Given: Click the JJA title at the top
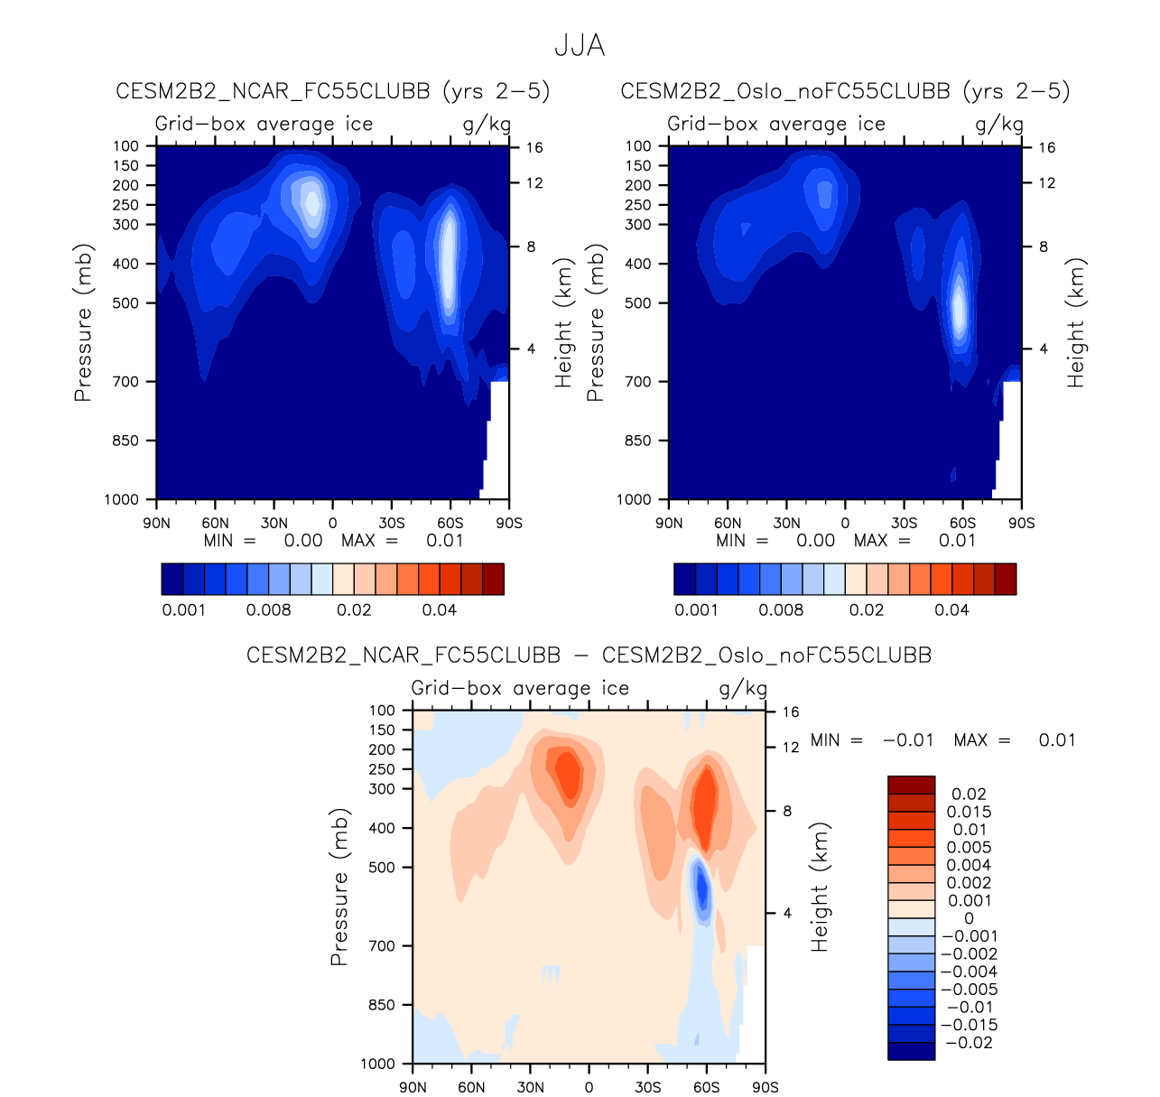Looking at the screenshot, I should coord(579,46).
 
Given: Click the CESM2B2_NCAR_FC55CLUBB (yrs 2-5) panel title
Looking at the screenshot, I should coord(332,91).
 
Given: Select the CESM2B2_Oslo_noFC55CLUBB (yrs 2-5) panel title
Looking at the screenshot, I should coord(845,91).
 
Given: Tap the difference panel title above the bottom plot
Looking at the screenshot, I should coord(589,655).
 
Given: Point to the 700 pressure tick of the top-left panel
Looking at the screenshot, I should coord(126,382).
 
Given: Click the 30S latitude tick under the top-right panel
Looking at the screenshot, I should coord(904,523).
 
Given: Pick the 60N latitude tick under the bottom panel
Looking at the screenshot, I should coord(471,1087).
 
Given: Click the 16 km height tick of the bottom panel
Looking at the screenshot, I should coord(791,711).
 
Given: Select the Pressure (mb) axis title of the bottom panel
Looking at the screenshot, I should coord(339,887).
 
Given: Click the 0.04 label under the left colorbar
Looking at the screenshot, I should coord(440,610).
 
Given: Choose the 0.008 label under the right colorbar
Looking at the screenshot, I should coord(781,610).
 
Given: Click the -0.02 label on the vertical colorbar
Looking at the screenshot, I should coord(969,1043).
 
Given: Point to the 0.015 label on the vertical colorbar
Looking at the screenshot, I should coord(969,812).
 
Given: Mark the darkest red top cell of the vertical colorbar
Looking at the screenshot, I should coord(911,785).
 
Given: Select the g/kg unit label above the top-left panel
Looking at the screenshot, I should coord(487,124).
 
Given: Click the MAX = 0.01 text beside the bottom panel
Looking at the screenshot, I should coord(1014,740).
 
